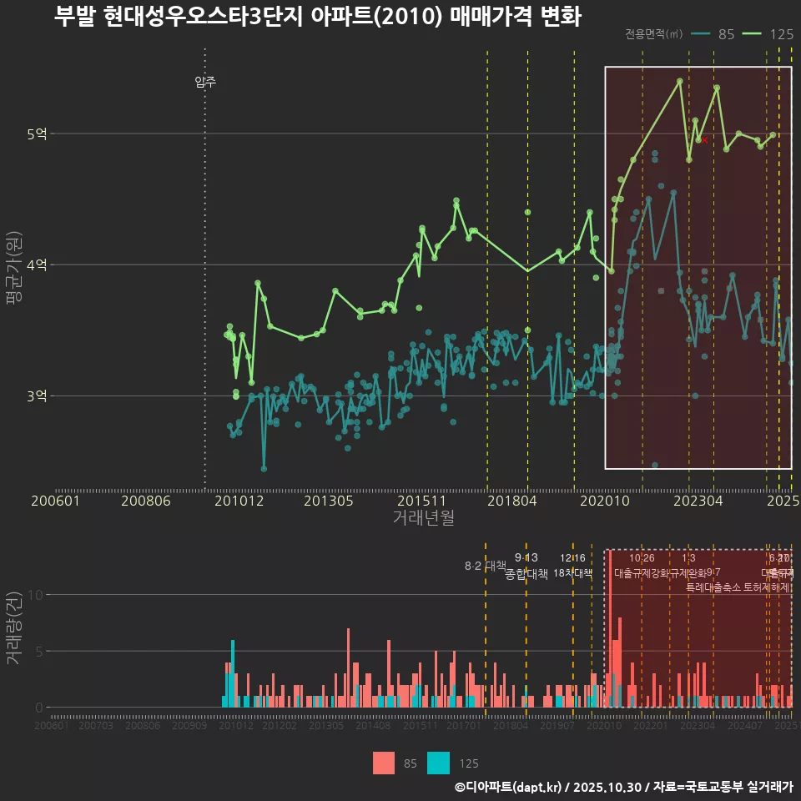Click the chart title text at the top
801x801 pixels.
[x=317, y=17]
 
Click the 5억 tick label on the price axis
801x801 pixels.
[x=36, y=133]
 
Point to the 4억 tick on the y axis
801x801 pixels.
[x=36, y=265]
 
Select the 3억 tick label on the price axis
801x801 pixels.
[x=36, y=396]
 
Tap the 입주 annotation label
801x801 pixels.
[x=205, y=82]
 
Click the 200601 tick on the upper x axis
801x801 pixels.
[x=55, y=501]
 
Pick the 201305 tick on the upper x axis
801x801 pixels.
[x=330, y=501]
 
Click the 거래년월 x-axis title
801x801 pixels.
[x=423, y=518]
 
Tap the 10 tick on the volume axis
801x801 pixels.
[x=35, y=595]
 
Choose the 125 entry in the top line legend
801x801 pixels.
[x=781, y=34]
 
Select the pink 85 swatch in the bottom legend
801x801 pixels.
[x=384, y=763]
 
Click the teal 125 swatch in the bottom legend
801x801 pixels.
[x=438, y=763]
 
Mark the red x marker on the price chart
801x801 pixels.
[x=705, y=140]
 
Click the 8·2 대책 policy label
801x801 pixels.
[x=486, y=566]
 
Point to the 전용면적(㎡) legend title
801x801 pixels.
[x=653, y=34]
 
